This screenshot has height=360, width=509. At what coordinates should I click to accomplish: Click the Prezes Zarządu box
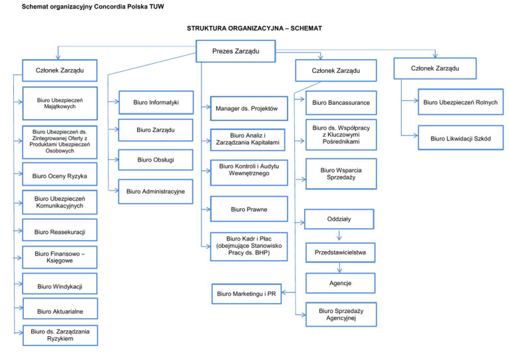[x=235, y=51]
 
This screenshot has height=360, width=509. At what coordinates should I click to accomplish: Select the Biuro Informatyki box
[x=156, y=103]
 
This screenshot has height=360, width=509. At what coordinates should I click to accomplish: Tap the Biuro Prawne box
[x=249, y=209]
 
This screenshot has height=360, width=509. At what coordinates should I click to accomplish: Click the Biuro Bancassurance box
[x=341, y=103]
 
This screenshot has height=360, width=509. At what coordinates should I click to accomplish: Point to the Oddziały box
[x=339, y=219]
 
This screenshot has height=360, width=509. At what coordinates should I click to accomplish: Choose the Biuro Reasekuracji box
[x=59, y=231]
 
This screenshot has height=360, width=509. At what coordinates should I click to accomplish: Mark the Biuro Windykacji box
[x=59, y=286]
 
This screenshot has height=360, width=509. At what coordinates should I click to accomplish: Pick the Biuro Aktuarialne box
[x=60, y=311]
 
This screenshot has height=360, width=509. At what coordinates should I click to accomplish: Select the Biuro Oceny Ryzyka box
[x=60, y=176]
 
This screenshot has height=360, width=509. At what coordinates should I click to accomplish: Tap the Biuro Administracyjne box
[x=156, y=192]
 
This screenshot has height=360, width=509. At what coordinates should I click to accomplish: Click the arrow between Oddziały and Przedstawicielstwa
[x=339, y=235]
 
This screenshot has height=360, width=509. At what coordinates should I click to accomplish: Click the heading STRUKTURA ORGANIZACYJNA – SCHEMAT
[x=254, y=29]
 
